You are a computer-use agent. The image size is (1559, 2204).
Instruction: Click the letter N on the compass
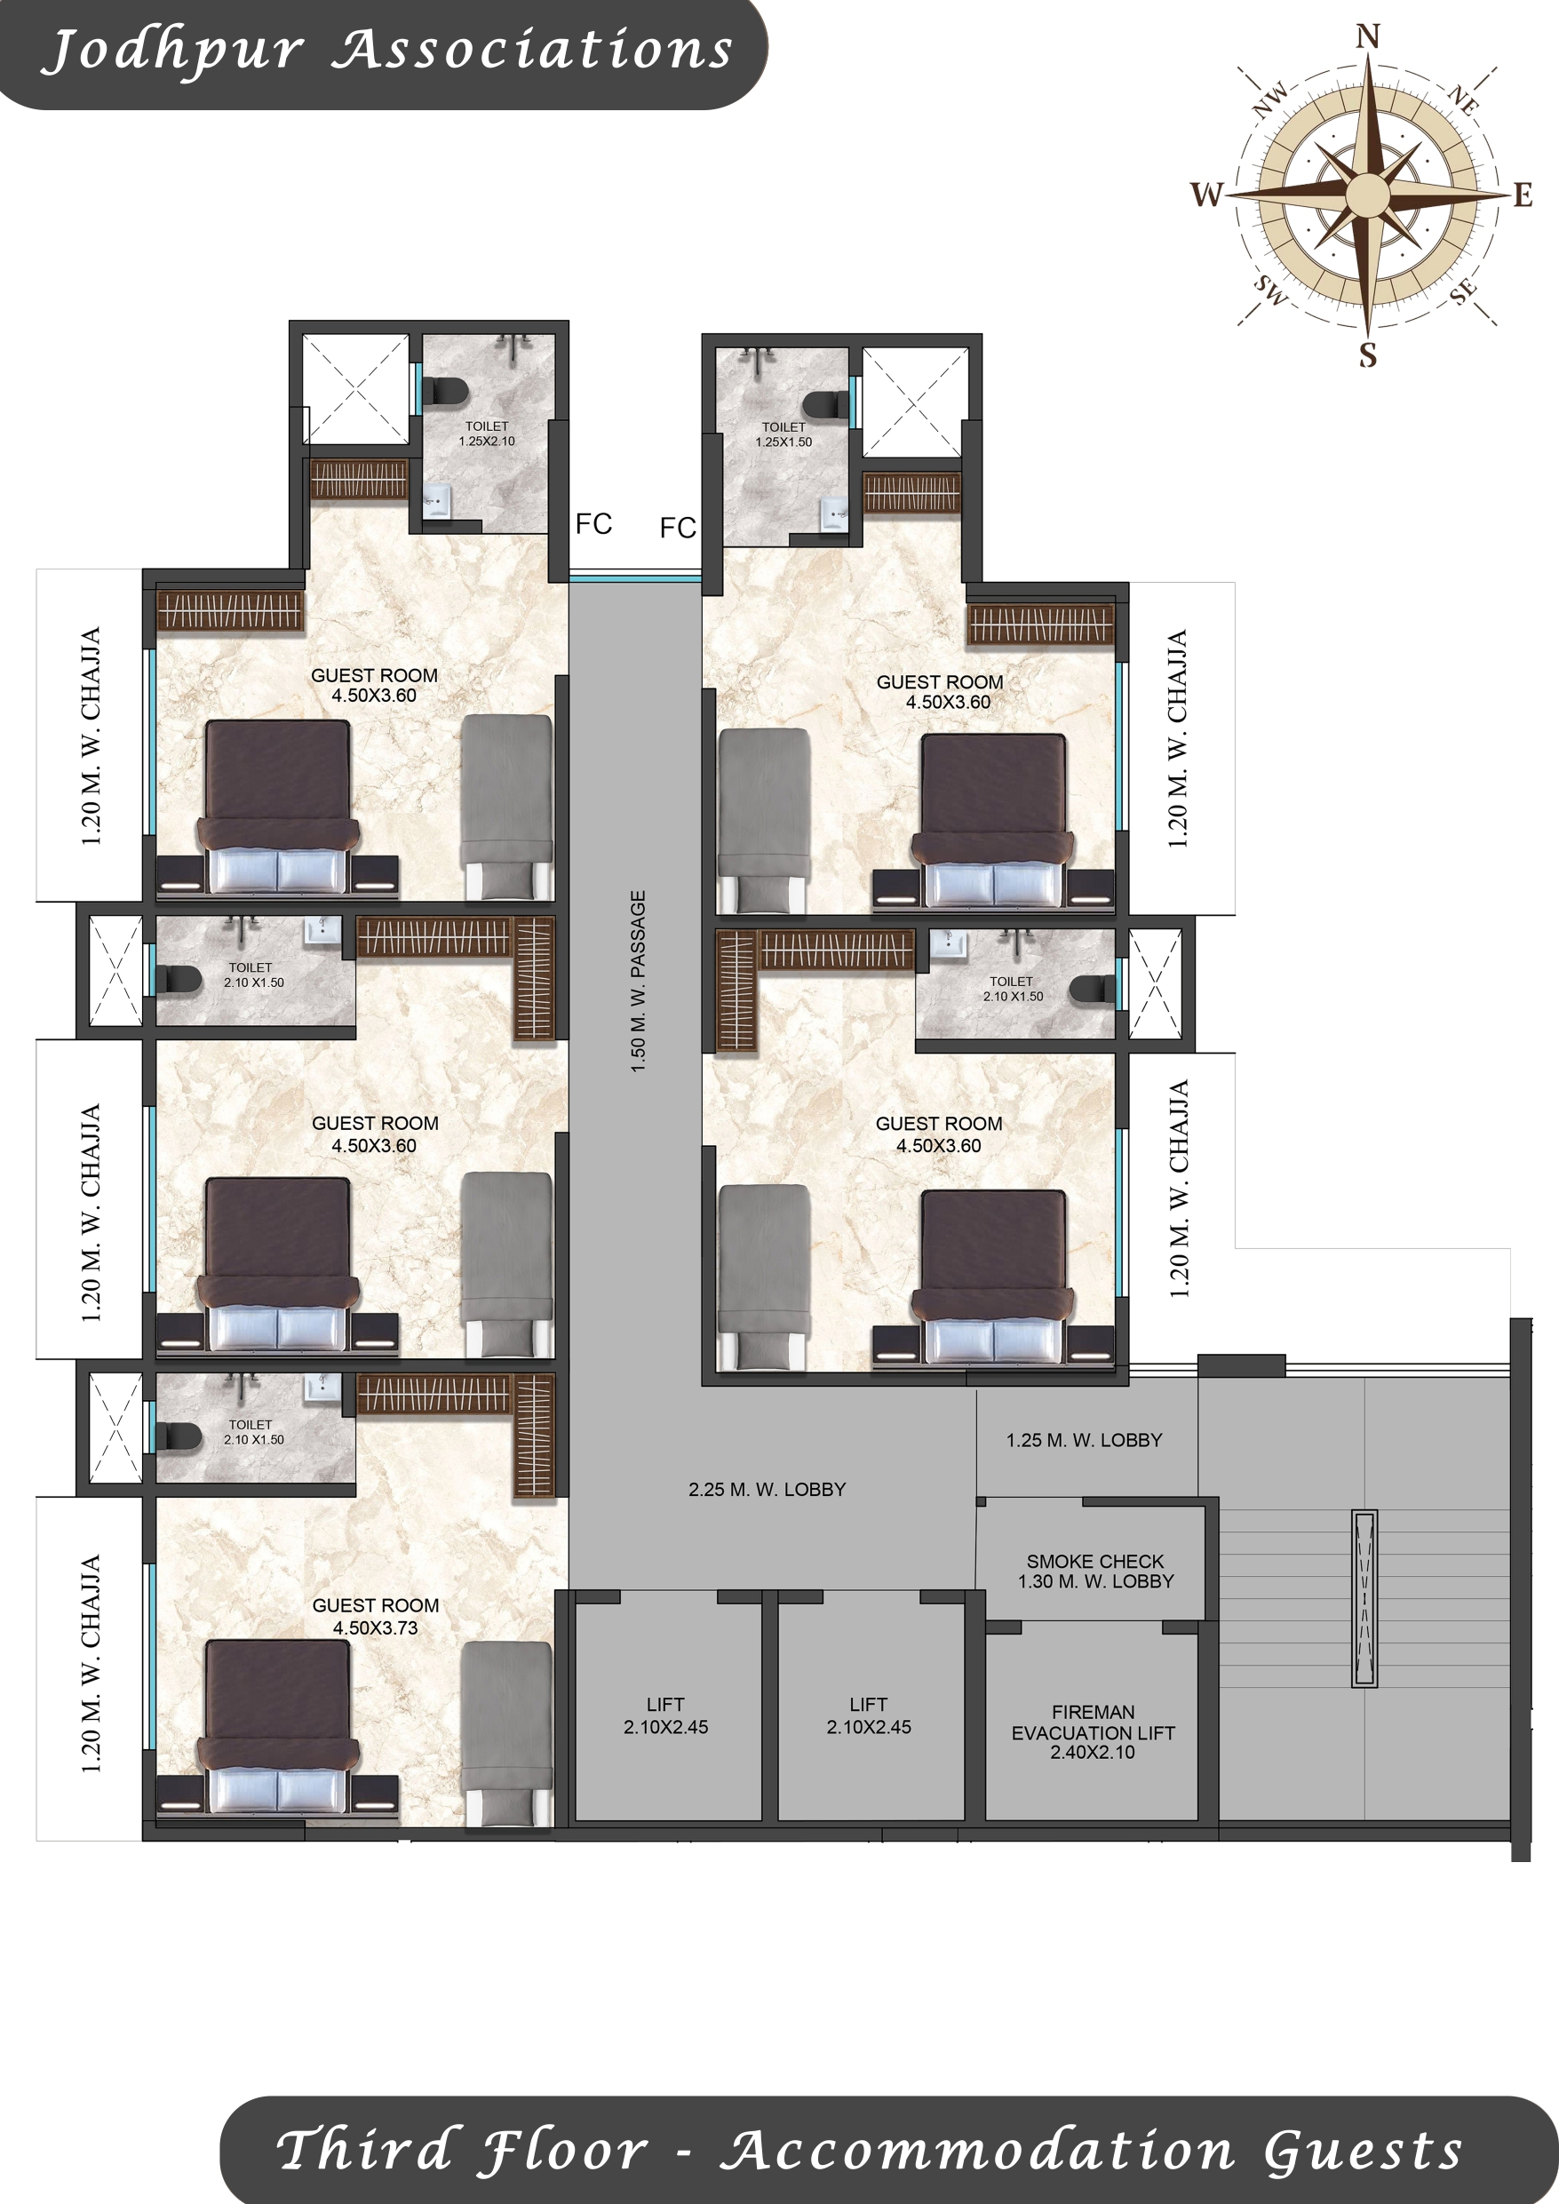tap(1368, 36)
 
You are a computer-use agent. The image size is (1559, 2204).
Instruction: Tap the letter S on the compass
tap(1368, 355)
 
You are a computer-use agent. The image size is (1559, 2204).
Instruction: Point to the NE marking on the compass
tap(1463, 99)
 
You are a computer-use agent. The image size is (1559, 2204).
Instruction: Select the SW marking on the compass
tap(1270, 290)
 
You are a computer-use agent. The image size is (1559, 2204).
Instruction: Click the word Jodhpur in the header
tap(173, 52)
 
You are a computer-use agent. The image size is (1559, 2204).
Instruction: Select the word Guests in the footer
tap(1364, 2150)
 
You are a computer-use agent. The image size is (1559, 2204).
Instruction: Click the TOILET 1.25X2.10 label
tap(487, 434)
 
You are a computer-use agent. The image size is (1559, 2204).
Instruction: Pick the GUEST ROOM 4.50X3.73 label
tap(376, 1617)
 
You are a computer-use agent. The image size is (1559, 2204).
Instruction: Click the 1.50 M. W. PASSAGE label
tap(639, 981)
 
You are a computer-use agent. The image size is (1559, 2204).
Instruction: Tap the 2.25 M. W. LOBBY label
tap(767, 1490)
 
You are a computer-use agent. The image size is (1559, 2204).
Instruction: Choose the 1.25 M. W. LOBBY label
tap(1084, 1440)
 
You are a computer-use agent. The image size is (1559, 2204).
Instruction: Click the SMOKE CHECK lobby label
tap(1095, 1571)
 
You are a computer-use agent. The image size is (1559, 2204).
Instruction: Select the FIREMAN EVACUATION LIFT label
tap(1093, 1731)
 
